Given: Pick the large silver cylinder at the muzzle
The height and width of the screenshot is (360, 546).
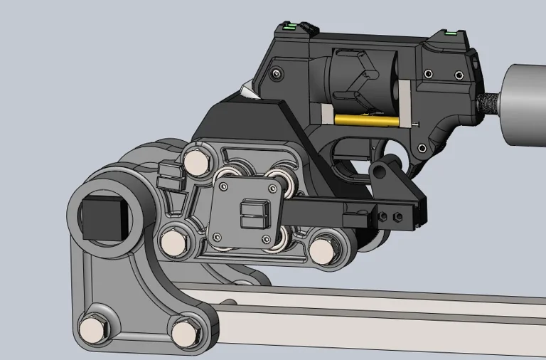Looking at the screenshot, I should point(525,104).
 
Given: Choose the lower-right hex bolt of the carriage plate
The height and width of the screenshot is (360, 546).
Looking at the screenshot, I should point(323,250).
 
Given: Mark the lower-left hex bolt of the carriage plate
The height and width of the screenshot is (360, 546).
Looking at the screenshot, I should point(173,243).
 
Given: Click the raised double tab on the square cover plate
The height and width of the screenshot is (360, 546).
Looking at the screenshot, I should point(252,214).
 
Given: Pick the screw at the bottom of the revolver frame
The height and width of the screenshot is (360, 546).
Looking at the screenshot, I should point(422,149).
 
